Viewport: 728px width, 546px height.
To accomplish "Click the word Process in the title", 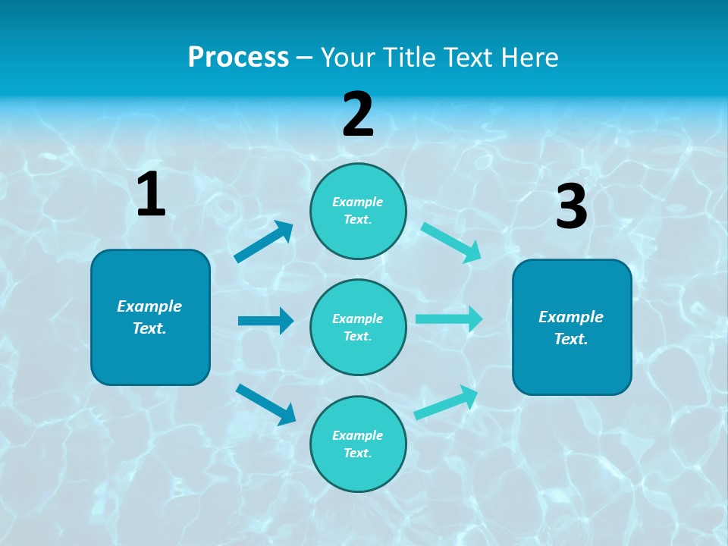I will click(x=238, y=58).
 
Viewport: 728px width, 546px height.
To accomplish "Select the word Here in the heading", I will click(x=529, y=58).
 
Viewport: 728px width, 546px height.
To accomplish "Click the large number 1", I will click(x=151, y=195).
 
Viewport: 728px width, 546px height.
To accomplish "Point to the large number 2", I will click(x=358, y=115).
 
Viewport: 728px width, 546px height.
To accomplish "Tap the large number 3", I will click(x=571, y=207).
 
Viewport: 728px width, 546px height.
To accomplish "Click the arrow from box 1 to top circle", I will click(x=264, y=242).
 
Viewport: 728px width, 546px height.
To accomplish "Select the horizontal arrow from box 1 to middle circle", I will click(x=265, y=321).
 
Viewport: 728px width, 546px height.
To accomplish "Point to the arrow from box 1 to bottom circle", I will click(x=266, y=404).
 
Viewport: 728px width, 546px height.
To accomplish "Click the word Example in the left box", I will click(x=149, y=306).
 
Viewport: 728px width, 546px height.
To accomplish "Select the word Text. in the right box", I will click(x=571, y=339).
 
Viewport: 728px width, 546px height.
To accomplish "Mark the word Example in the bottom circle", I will click(x=358, y=435).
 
